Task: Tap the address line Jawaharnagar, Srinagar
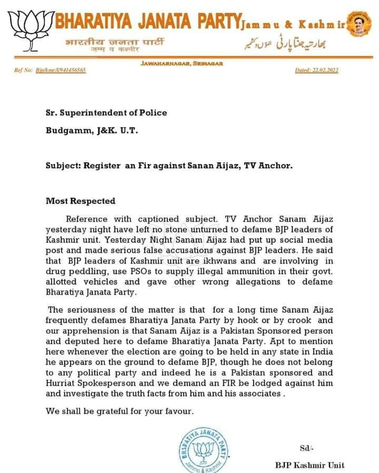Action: [181, 63]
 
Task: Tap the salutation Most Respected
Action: [81, 201]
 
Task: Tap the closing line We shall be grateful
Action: [120, 412]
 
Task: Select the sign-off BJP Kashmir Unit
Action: [310, 465]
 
